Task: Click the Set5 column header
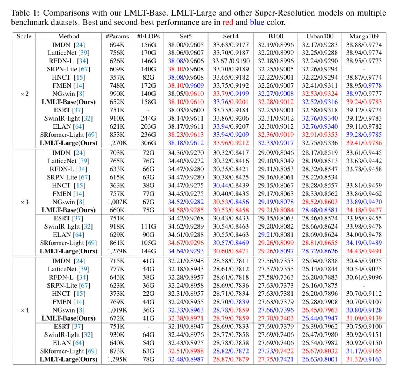(x=186, y=37)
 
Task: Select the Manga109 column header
(x=364, y=37)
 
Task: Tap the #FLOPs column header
(x=148, y=37)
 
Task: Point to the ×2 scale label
(x=24, y=94)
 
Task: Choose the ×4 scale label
(x=24, y=310)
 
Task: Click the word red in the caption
(x=228, y=23)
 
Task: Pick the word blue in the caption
(x=257, y=23)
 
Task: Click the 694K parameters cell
(x=117, y=45)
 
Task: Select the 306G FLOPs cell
(x=148, y=143)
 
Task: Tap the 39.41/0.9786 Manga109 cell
(x=364, y=143)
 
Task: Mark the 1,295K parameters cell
(x=117, y=359)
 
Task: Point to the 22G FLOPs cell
(x=148, y=294)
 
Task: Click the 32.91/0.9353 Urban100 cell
(x=320, y=135)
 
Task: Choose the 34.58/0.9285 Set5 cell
(x=186, y=210)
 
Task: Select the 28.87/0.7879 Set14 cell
(x=231, y=359)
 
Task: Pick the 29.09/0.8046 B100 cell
(x=276, y=153)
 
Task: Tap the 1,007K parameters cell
(x=117, y=202)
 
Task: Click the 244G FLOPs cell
(x=148, y=118)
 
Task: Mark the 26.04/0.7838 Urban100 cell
(x=320, y=261)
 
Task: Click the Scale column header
(x=24, y=37)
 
